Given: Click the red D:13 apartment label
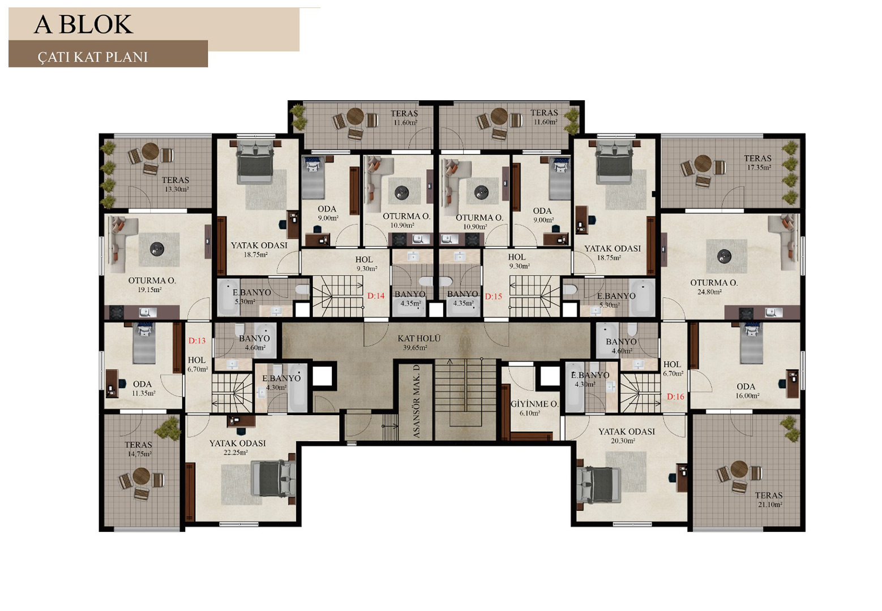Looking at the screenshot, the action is coord(197,341).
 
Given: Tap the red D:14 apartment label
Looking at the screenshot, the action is coord(376,296).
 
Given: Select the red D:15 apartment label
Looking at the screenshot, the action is coord(494,296).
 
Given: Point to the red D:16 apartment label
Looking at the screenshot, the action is coord(675,397).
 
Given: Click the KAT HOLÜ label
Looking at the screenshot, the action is coord(419,338).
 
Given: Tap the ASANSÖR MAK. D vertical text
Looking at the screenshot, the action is coord(417,401).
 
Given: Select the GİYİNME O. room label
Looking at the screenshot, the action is coord(534,404).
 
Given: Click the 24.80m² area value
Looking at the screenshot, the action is coord(709,292).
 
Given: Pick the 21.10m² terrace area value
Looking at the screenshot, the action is coord(770,505).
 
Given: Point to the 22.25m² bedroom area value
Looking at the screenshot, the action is coord(236,453).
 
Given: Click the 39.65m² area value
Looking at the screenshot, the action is coord(416,348).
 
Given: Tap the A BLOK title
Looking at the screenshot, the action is coord(83,24).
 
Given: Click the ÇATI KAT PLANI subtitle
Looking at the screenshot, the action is coord(92,57).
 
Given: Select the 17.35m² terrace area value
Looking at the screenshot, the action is coord(759,167).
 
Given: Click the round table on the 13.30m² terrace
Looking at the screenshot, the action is coord(150,150).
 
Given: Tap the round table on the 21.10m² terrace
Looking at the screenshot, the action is coord(739,469).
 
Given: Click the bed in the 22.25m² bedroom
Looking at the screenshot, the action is coord(273,479).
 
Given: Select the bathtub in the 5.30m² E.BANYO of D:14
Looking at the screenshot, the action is coord(228,297).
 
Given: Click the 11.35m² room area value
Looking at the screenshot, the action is coord(143,393).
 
